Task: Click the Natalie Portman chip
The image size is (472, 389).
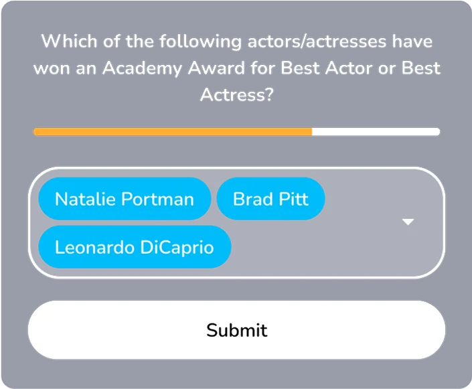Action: [125, 199]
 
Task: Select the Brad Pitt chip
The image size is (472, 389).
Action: [270, 199]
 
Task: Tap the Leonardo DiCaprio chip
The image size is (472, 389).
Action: [135, 247]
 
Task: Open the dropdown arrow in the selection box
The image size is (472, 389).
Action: [408, 222]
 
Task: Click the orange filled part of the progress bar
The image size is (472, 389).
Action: [173, 132]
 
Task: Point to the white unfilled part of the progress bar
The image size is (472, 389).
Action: [376, 132]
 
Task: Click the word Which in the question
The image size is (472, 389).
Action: [69, 41]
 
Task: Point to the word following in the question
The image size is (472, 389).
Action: [200, 42]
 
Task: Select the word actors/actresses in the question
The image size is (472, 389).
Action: [317, 42]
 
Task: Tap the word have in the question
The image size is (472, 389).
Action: [412, 41]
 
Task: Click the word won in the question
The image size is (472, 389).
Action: [52, 68]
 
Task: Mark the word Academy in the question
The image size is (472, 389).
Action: [142, 69]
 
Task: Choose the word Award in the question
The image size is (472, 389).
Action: [216, 68]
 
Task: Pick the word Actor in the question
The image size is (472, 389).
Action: [349, 68]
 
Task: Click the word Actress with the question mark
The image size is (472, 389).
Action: [237, 94]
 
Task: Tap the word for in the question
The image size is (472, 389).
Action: [262, 68]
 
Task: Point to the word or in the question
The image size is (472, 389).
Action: [387, 69]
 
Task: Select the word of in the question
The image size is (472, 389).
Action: [111, 41]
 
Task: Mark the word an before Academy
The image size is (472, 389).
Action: [86, 69]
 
